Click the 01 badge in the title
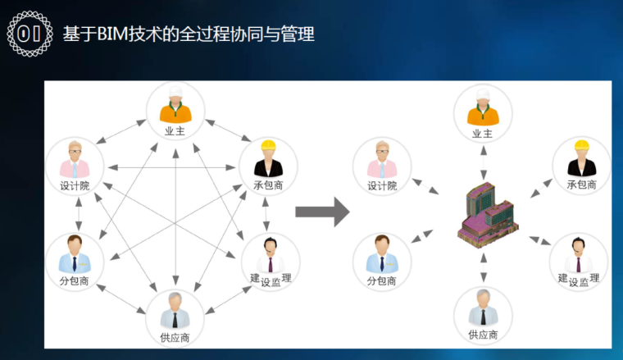coord(30,34)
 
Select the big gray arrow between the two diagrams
coord(321,212)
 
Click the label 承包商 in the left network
coord(268,186)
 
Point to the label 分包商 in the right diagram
coord(382,281)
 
